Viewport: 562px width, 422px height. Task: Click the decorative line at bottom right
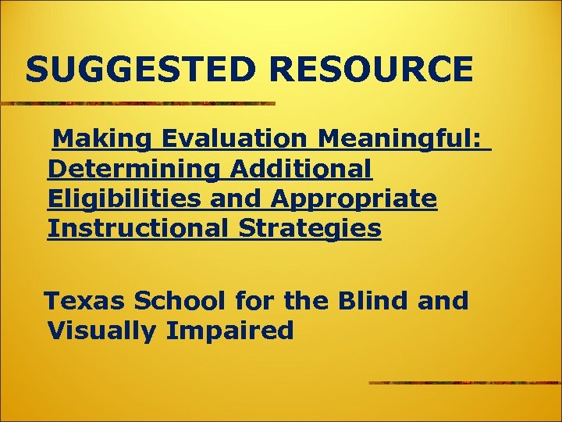[x=465, y=383]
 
